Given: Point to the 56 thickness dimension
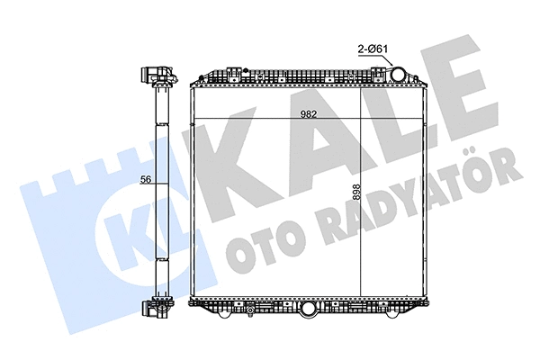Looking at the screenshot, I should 145,180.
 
